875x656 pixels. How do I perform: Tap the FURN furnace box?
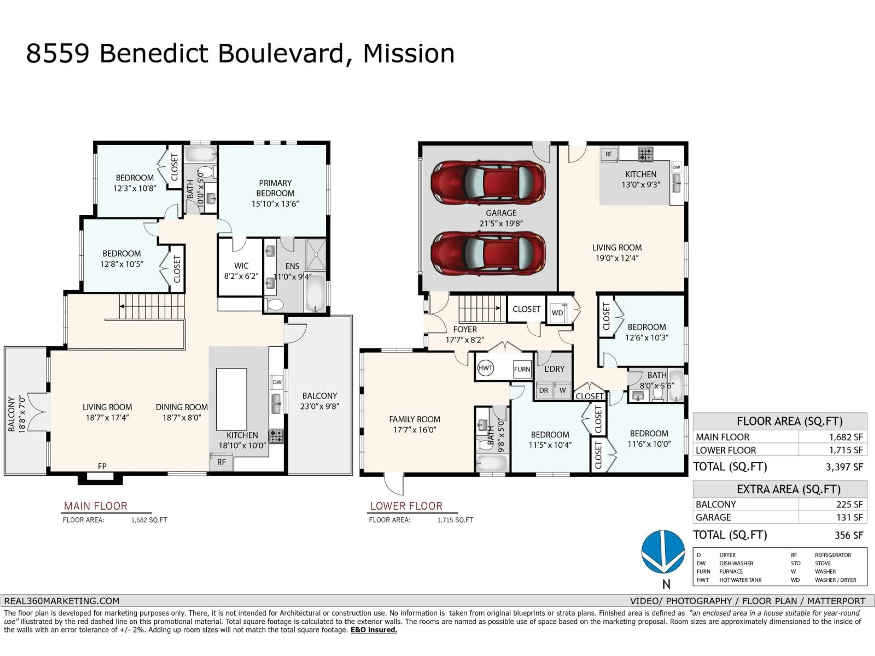pyautogui.click(x=522, y=369)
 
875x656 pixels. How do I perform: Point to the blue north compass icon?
pyautogui.click(x=663, y=552)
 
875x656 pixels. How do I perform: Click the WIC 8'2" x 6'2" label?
pyautogui.click(x=241, y=271)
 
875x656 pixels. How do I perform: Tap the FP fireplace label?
pyautogui.click(x=102, y=466)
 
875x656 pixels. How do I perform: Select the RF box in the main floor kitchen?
pyautogui.click(x=221, y=462)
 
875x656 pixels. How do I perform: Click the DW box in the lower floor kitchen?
pyautogui.click(x=677, y=167)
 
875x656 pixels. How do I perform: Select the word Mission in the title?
pyautogui.click(x=409, y=54)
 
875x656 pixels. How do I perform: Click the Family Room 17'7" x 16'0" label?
pyautogui.click(x=414, y=424)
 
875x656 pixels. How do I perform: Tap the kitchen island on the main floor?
pyautogui.click(x=232, y=399)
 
